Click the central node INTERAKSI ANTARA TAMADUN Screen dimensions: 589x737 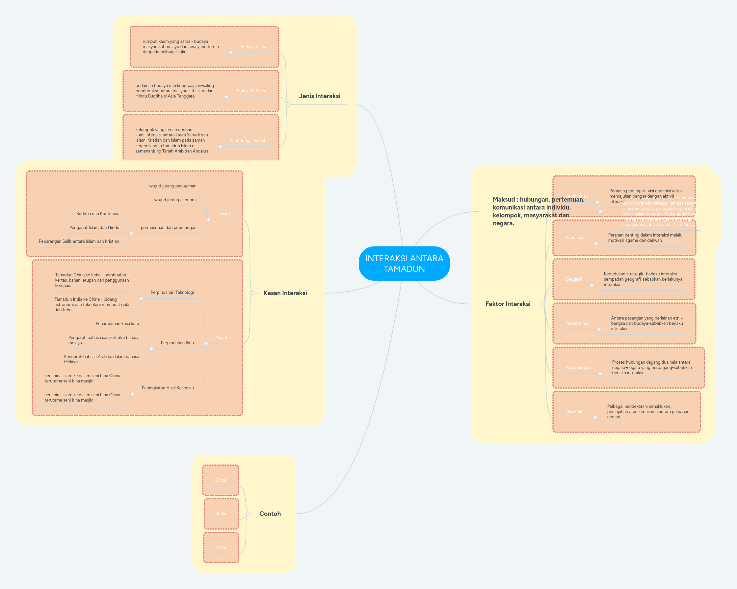click(x=404, y=264)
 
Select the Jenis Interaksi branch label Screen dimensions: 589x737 click(x=319, y=96)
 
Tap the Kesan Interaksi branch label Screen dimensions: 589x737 click(x=285, y=293)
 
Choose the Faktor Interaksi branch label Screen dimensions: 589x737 click(x=508, y=304)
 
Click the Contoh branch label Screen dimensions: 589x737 click(x=270, y=514)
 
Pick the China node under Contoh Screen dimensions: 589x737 click(x=221, y=480)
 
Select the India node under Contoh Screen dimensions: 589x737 click(x=221, y=514)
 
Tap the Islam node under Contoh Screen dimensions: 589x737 click(x=221, y=547)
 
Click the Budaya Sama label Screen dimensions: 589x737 click(x=253, y=47)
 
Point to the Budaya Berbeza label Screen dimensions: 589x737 click(x=250, y=91)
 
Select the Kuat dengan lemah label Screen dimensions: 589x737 click(x=248, y=141)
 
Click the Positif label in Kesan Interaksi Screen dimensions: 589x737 click(x=224, y=214)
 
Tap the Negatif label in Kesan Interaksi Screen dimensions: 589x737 click(x=223, y=338)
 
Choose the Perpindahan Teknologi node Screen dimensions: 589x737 click(x=172, y=293)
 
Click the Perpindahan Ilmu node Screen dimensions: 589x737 click(x=177, y=343)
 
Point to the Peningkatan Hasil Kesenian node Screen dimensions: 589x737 click(x=168, y=388)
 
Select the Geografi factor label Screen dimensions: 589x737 click(x=573, y=279)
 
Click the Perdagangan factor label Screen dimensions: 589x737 click(x=577, y=368)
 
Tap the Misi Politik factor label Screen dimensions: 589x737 click(x=575, y=412)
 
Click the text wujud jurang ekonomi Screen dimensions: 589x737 click(x=175, y=200)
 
